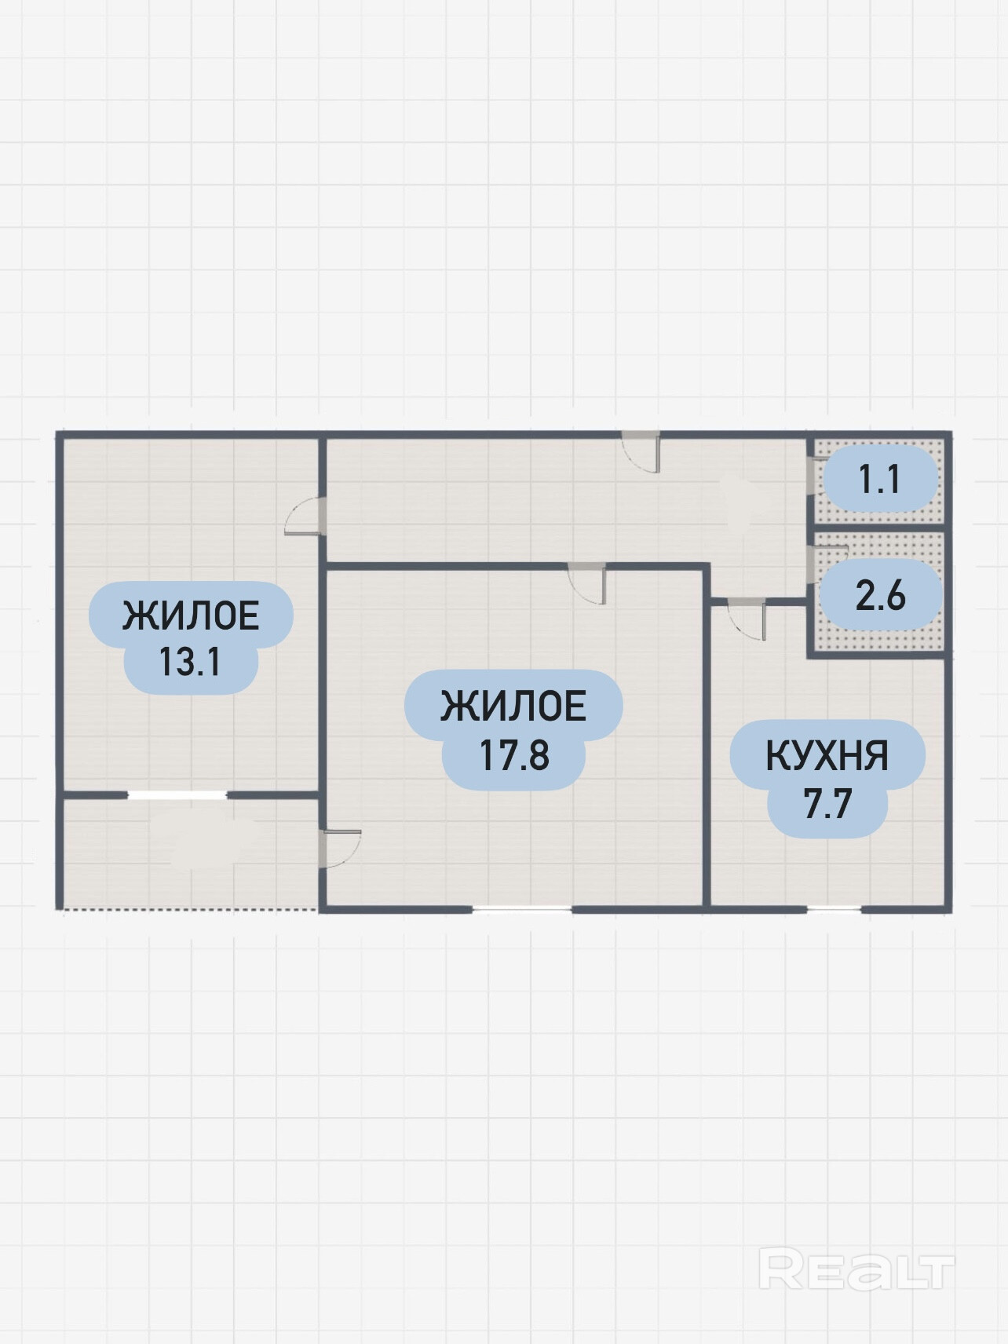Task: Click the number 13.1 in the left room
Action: [x=190, y=662]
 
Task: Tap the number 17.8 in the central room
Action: [x=513, y=755]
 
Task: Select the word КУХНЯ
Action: [x=827, y=757]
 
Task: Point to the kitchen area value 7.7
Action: [x=827, y=805]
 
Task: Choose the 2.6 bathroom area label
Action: [x=881, y=596]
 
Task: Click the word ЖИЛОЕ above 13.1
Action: [x=191, y=616]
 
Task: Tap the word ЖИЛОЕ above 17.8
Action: [x=513, y=707]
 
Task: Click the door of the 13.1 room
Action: [x=304, y=516]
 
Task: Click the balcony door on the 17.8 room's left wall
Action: [x=339, y=848]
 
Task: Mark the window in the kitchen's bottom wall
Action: [x=834, y=909]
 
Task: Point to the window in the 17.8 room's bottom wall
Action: [x=522, y=909]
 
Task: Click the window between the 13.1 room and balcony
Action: [x=177, y=795]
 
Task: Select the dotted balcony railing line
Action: [x=188, y=910]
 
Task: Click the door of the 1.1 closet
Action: [x=812, y=477]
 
